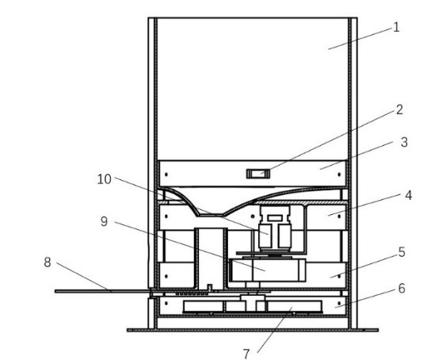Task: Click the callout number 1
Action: pos(396,28)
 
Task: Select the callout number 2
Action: pos(399,109)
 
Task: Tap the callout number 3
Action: pos(404,142)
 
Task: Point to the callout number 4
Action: pos(408,195)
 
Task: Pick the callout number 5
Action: pos(402,252)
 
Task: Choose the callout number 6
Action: pos(402,289)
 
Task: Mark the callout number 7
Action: pos(246,354)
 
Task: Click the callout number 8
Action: pos(48,262)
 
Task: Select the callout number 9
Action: pos(104,221)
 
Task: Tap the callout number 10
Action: pos(104,179)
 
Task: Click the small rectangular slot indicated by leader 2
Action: pos(258,174)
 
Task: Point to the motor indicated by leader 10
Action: pos(275,229)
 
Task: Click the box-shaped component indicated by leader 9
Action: pos(268,270)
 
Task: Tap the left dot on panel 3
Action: pos(166,174)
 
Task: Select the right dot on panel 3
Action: pos(339,174)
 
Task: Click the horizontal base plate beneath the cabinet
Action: pos(253,330)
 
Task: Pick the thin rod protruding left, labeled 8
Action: pos(102,291)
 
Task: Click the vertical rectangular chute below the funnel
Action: pos(211,259)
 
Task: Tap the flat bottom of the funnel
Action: pos(210,215)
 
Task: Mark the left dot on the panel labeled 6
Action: pos(166,304)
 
